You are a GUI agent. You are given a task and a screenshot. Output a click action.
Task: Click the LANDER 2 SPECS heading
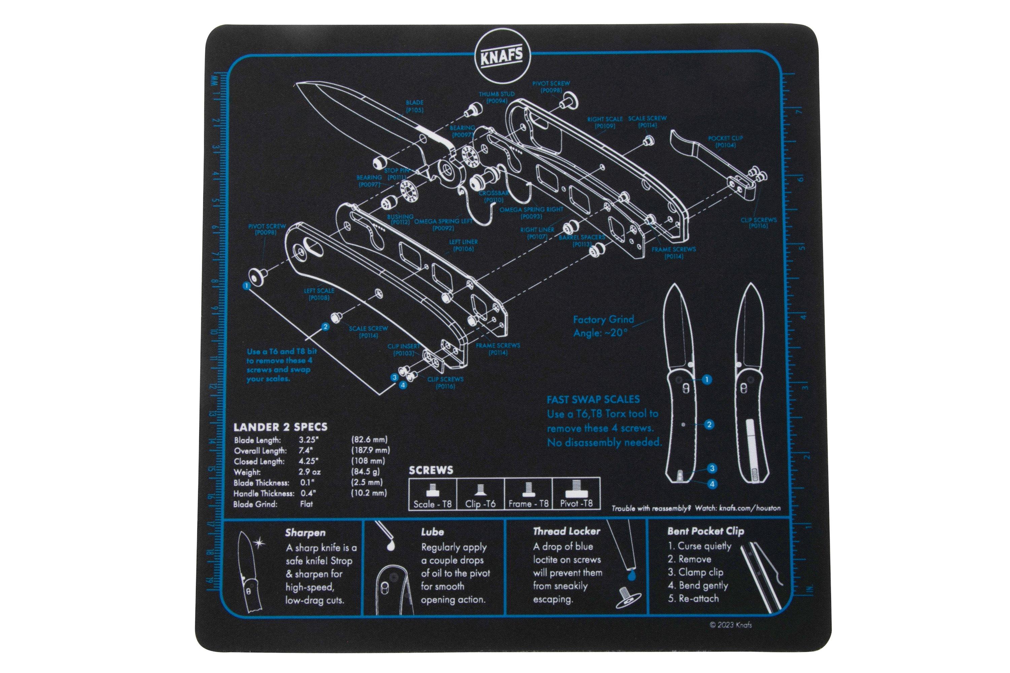tap(280, 427)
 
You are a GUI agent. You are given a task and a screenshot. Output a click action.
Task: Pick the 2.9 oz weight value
tap(310, 472)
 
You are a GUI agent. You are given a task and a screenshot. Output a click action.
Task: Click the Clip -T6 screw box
tap(480, 494)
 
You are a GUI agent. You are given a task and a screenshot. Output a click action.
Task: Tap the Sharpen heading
tap(305, 533)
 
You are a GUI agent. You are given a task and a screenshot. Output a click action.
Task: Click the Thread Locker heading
tap(566, 531)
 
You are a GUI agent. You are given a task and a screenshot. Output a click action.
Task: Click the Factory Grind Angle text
tap(603, 326)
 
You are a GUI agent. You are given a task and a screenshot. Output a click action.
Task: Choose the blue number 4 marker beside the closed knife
tap(712, 484)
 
